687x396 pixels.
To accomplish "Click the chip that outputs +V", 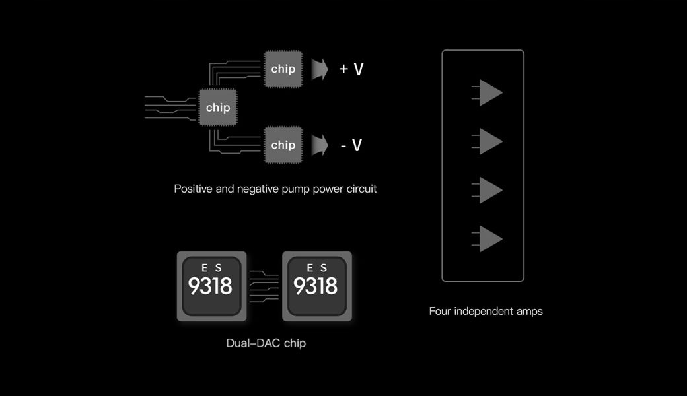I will tap(283, 69).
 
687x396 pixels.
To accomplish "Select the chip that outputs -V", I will tap(283, 145).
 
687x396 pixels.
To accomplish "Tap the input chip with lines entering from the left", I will tap(218, 107).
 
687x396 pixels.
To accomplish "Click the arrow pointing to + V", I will tap(320, 69).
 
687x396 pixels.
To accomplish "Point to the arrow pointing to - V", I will tap(320, 145).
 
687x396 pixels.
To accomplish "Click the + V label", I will tap(351, 69).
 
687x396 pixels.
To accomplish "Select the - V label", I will tap(351, 145).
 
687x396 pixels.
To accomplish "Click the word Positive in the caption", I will tap(194, 189).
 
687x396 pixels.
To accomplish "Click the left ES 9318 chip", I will tap(211, 286).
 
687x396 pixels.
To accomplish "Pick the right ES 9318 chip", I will tap(316, 286).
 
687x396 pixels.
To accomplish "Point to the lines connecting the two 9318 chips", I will tap(264, 286).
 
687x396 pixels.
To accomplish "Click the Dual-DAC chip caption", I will tap(266, 343).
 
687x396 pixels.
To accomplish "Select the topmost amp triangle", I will tap(489, 93).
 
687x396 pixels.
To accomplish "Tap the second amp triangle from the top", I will tap(489, 141).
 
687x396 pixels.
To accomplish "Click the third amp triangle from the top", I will tap(489, 190).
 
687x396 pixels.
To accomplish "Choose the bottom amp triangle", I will tap(489, 239).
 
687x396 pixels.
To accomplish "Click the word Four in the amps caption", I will tap(440, 311).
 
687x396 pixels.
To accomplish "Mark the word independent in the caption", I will tap(484, 311).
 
